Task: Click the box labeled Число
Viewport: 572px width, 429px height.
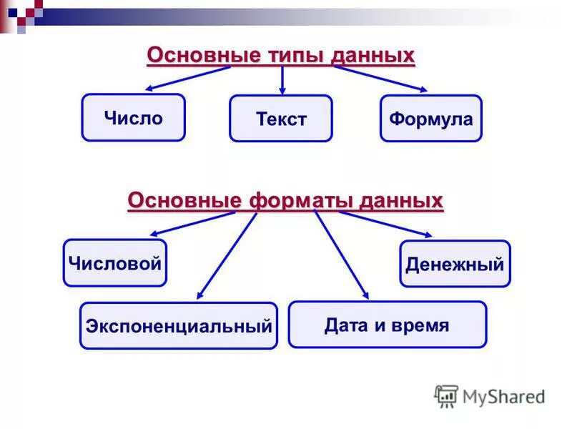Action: coord(133,117)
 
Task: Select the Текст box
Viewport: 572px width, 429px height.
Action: coord(280,119)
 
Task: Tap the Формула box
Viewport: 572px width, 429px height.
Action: coord(430,119)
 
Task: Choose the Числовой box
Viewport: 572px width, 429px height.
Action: coord(114,263)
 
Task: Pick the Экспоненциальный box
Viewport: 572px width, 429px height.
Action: coord(178,326)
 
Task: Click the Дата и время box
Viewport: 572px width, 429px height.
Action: coord(387,325)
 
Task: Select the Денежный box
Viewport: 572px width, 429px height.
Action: coord(455,264)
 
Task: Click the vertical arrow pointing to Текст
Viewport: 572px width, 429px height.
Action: coord(282,80)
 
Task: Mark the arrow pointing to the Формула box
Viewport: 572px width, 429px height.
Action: coord(380,79)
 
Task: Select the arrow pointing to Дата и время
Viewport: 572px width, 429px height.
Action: coord(342,254)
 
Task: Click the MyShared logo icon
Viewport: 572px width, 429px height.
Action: coord(446,395)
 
